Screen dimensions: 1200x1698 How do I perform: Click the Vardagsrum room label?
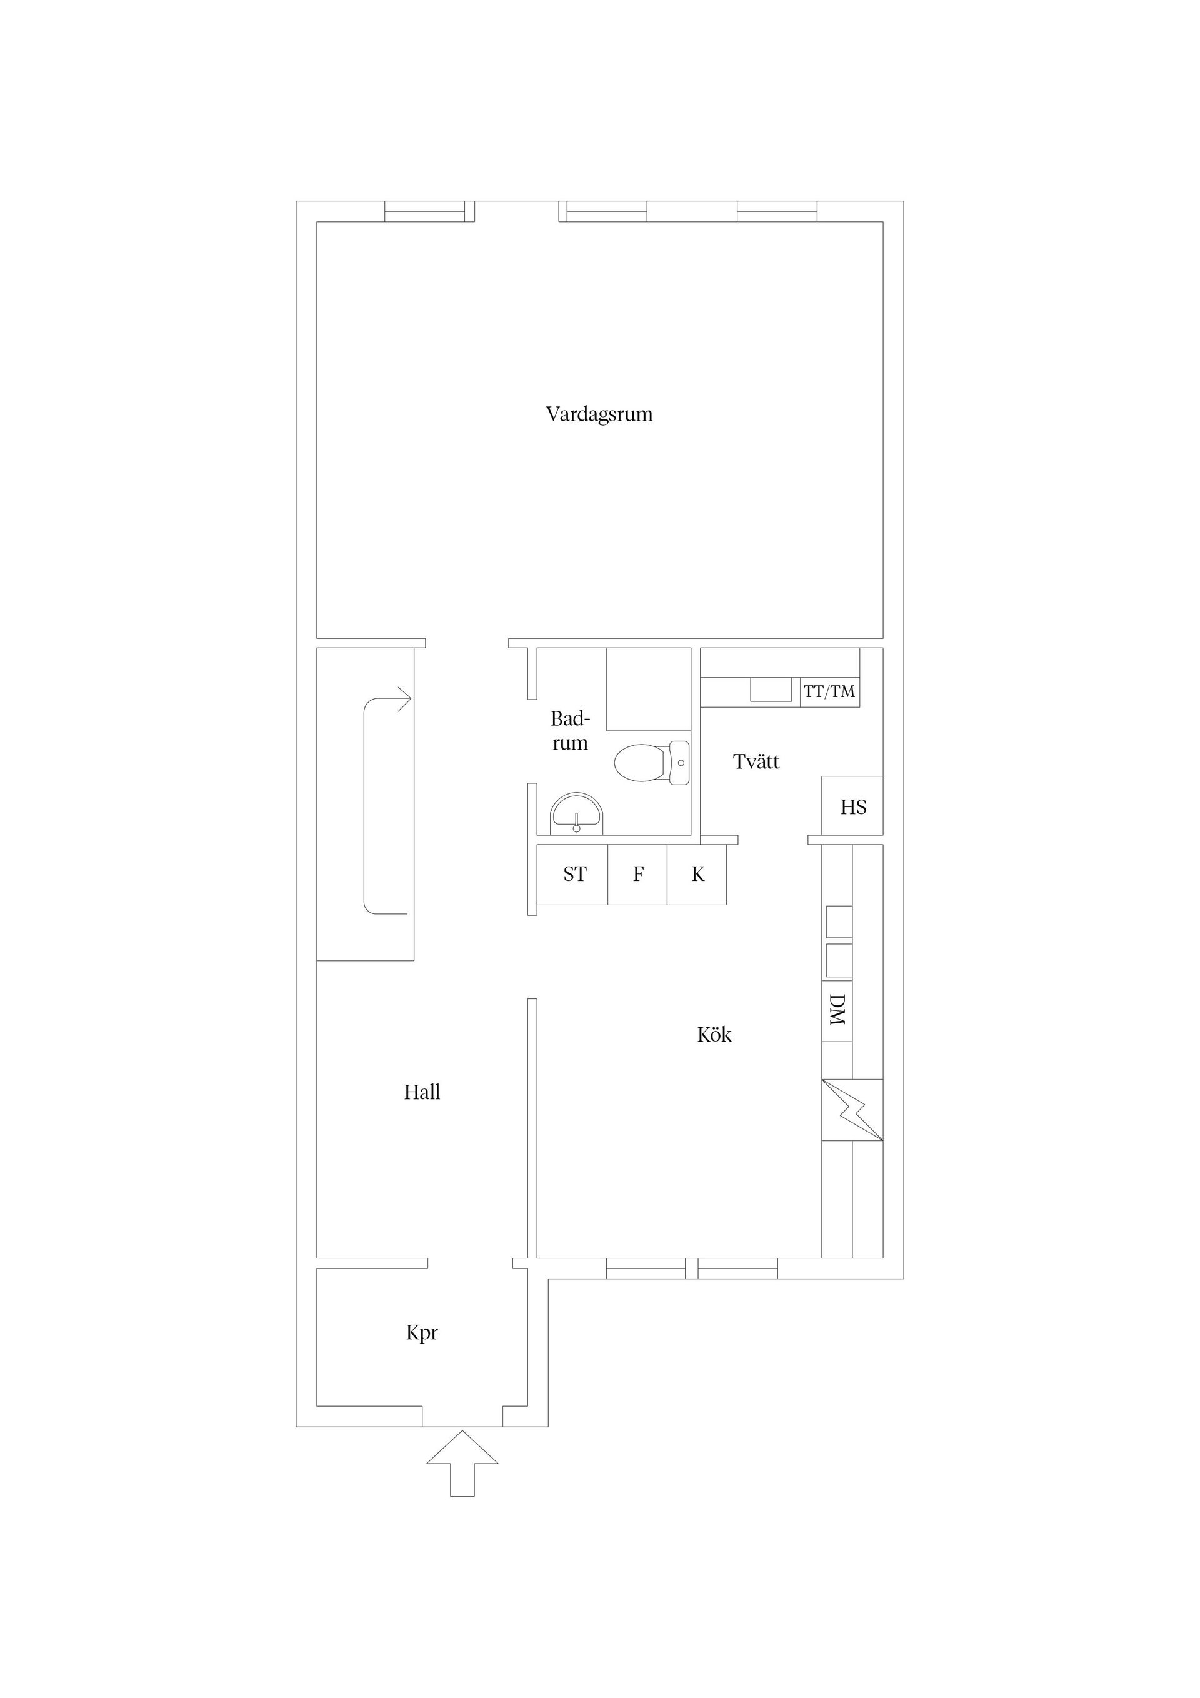click(x=599, y=414)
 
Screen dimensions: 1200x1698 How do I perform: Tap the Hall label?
click(x=422, y=1092)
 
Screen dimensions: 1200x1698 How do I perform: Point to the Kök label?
click(x=714, y=1034)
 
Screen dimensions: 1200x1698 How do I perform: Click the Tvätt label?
click(x=756, y=761)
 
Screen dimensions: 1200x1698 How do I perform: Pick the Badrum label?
click(x=571, y=731)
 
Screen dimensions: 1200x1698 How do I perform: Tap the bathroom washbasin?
click(x=577, y=814)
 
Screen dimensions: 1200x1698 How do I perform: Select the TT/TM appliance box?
click(x=829, y=691)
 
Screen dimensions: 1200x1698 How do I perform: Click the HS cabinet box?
click(x=852, y=805)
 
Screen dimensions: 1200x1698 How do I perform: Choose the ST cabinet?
click(x=573, y=874)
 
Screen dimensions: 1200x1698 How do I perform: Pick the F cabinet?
click(x=638, y=874)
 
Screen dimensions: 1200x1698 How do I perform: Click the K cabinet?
click(x=697, y=874)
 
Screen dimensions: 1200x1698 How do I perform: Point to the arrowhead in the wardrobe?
click(x=404, y=699)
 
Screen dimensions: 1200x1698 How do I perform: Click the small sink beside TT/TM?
click(x=771, y=689)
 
